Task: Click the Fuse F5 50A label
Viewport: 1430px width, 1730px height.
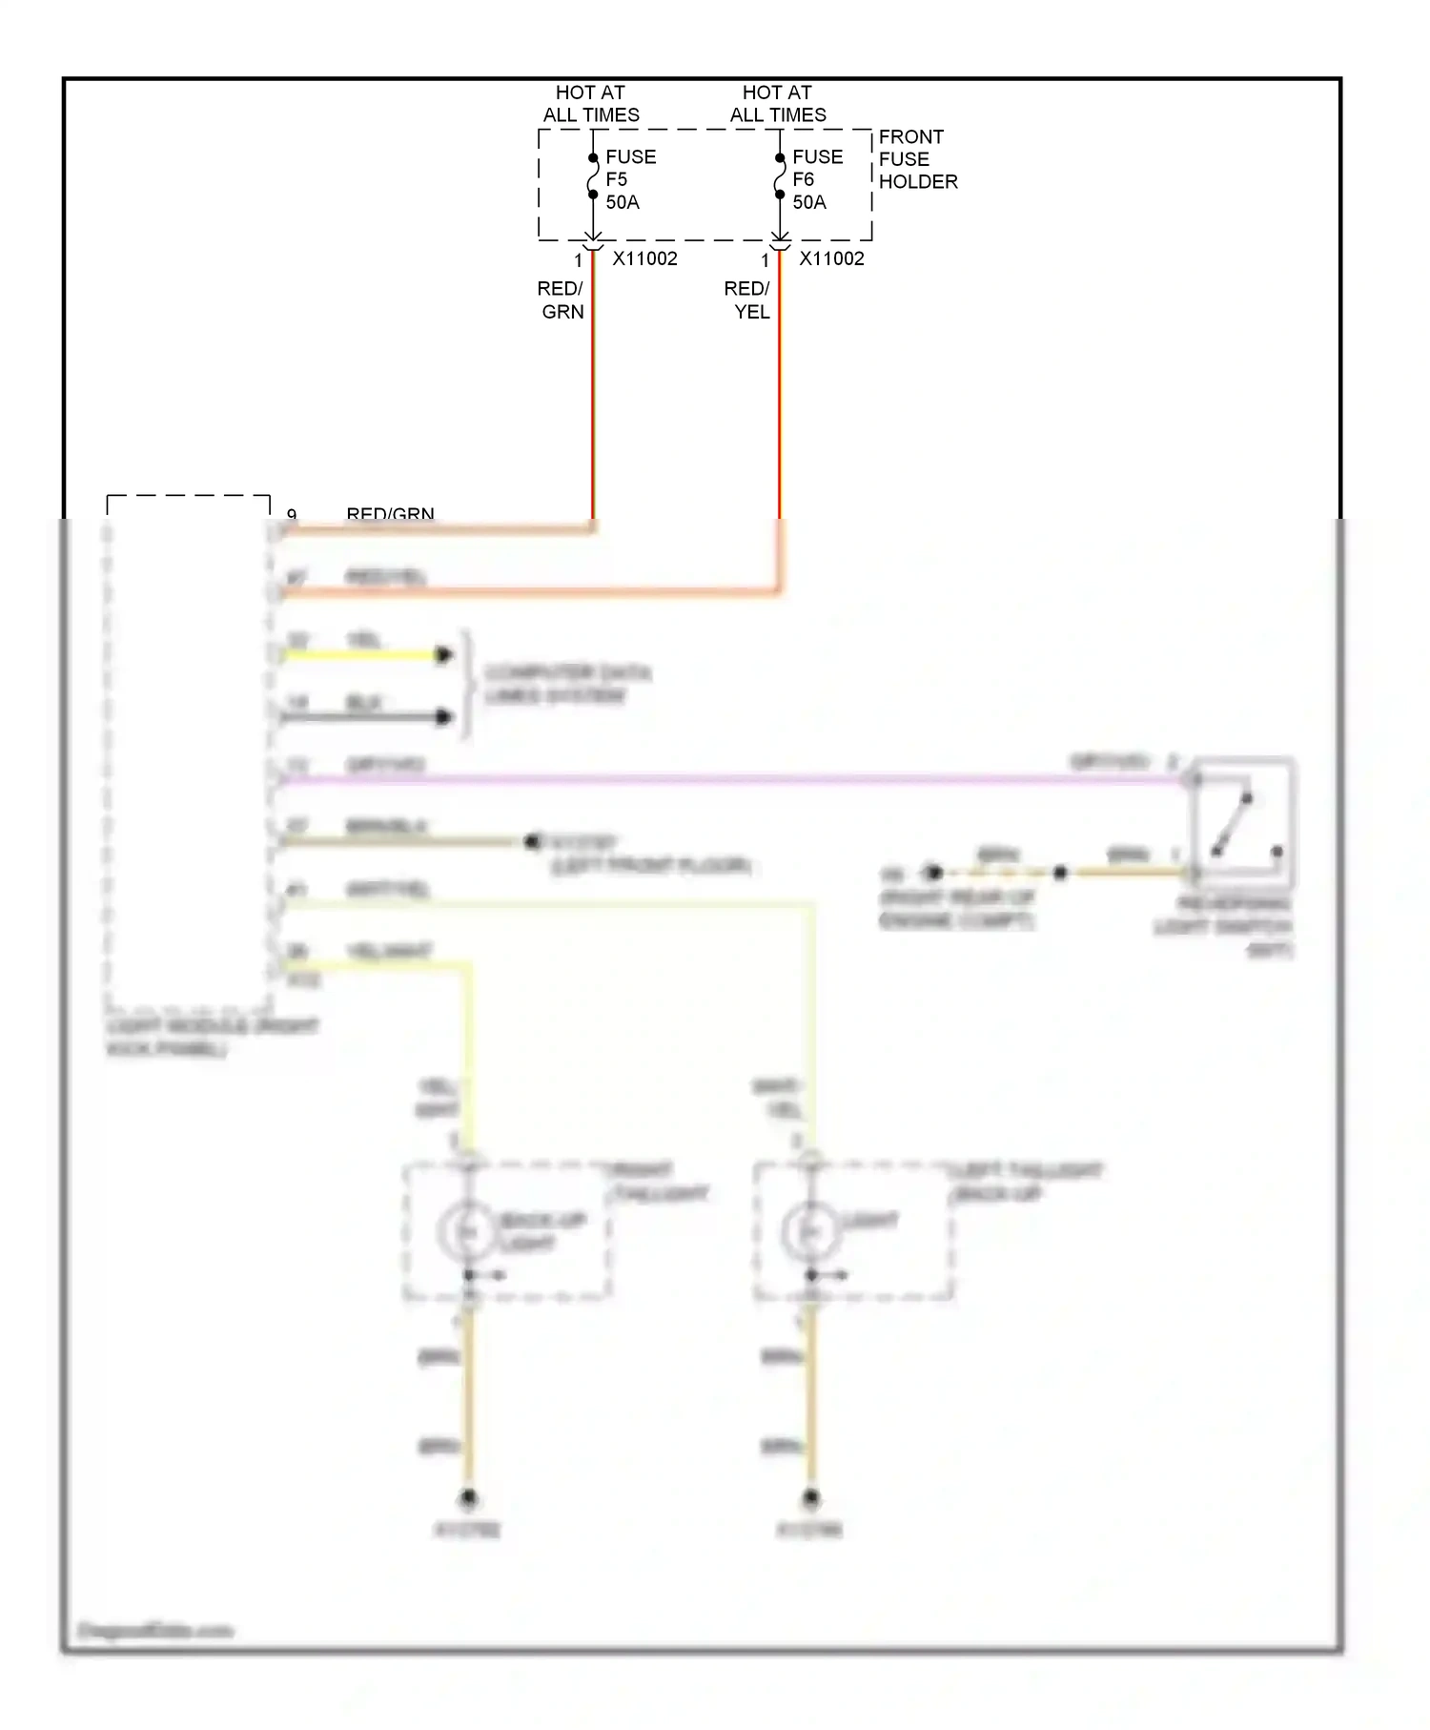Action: point(629,179)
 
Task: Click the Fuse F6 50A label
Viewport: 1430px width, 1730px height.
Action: point(816,179)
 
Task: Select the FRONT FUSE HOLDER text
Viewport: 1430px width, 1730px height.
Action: point(917,159)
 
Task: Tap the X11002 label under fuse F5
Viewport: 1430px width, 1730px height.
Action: point(644,258)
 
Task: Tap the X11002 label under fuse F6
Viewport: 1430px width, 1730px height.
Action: point(831,258)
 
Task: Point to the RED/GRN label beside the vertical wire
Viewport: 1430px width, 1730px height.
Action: point(561,299)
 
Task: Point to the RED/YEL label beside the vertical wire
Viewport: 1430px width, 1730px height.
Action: point(747,299)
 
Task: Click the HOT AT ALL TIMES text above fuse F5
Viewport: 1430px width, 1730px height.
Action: point(591,104)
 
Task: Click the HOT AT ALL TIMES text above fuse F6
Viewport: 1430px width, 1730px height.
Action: point(778,104)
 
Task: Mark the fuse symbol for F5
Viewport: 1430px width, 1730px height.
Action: point(593,176)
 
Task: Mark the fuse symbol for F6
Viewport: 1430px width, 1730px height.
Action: point(780,176)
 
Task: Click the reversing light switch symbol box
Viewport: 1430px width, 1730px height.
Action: point(1243,823)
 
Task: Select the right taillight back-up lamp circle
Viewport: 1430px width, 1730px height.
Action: point(467,1232)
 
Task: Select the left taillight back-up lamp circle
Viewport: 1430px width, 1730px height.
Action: point(810,1232)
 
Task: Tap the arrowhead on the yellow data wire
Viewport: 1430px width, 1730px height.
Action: point(443,654)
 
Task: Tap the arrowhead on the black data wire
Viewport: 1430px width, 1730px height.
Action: point(443,716)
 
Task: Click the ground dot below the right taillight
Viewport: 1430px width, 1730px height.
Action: point(467,1498)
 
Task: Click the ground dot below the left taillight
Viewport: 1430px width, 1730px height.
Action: point(810,1498)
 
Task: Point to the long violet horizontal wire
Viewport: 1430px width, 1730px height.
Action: point(725,779)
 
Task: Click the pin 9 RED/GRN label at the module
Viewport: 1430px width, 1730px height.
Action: point(390,514)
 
